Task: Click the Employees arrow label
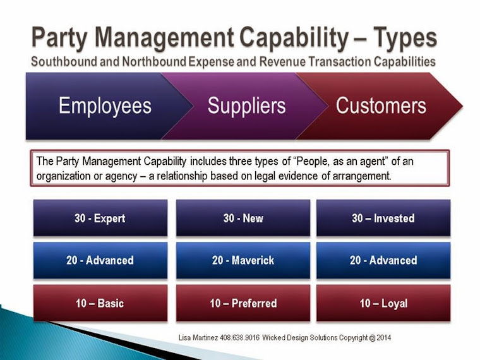[105, 106]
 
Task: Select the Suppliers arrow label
[247, 106]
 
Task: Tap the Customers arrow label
[381, 106]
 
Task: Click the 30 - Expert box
[100, 218]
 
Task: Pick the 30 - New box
[243, 218]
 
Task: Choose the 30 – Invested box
[383, 218]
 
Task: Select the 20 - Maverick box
[243, 260]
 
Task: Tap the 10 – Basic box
[100, 303]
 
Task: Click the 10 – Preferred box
[243, 303]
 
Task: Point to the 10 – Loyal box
[383, 303]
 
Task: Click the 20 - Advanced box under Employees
[100, 260]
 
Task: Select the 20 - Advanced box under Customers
[383, 260]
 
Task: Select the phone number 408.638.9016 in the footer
[239, 338]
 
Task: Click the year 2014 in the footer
[383, 338]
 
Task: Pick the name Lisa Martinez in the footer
[198, 338]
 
